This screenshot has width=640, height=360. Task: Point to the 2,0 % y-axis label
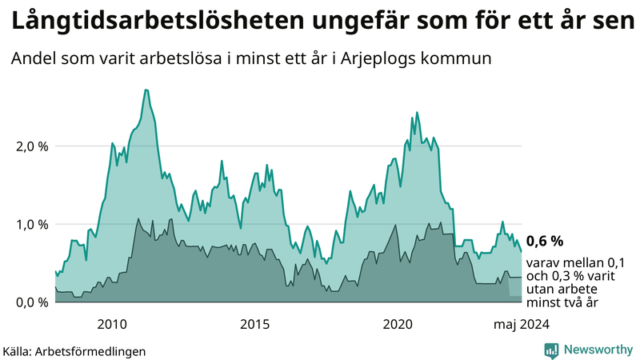(x=32, y=146)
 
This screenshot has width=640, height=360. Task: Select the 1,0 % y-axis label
(x=32, y=224)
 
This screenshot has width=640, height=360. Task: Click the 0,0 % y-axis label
(x=32, y=302)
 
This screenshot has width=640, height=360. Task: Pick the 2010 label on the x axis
(x=112, y=324)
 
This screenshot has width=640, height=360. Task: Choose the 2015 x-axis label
(x=255, y=324)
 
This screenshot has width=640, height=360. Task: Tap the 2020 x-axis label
(x=398, y=324)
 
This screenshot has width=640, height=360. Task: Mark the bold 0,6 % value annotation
(x=545, y=241)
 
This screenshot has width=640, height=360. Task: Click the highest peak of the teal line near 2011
(x=146, y=90)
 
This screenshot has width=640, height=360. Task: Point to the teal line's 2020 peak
(x=416, y=113)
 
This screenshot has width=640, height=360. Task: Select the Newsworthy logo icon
(x=551, y=350)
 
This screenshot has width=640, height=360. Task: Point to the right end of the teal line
(x=522, y=251)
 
